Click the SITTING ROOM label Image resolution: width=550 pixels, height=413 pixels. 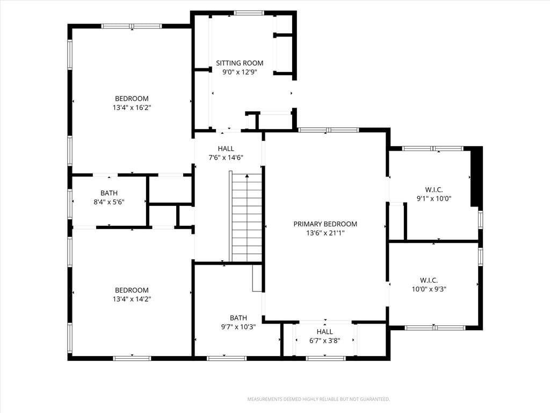pyautogui.click(x=240, y=63)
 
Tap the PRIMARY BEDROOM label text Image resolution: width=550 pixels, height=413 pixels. pyautogui.click(x=325, y=224)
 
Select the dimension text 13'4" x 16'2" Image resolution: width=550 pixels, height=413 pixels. pyautogui.click(x=132, y=108)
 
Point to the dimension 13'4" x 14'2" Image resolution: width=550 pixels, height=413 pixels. pyautogui.click(x=132, y=299)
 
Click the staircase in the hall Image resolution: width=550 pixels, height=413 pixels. pyautogui.click(x=246, y=216)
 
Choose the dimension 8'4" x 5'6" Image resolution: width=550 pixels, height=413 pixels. pyautogui.click(x=109, y=202)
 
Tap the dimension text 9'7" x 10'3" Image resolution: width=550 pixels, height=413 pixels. pyautogui.click(x=238, y=327)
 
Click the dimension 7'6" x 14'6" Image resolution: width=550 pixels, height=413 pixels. pyautogui.click(x=226, y=158)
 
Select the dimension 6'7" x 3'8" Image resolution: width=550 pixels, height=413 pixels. pyautogui.click(x=325, y=340)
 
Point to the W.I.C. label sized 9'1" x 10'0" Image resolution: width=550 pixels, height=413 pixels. pyautogui.click(x=434, y=190)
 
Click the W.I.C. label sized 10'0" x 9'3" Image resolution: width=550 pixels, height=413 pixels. pyautogui.click(x=429, y=280)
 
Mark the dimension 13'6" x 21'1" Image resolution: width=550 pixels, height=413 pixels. pyautogui.click(x=325, y=233)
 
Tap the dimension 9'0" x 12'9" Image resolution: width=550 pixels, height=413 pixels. pyautogui.click(x=240, y=73)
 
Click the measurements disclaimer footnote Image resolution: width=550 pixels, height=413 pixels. pyautogui.click(x=319, y=400)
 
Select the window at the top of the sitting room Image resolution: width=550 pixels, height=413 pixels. pyautogui.click(x=249, y=13)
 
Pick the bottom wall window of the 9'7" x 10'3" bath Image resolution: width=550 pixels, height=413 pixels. pyautogui.click(x=226, y=358)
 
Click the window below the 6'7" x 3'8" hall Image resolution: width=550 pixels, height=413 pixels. pyautogui.click(x=325, y=358)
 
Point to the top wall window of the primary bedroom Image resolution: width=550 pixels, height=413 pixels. pyautogui.click(x=328, y=130)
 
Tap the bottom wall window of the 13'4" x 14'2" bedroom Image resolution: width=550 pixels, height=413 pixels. pyautogui.click(x=132, y=358)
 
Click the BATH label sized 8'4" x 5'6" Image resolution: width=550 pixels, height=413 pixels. pyautogui.click(x=109, y=193)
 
